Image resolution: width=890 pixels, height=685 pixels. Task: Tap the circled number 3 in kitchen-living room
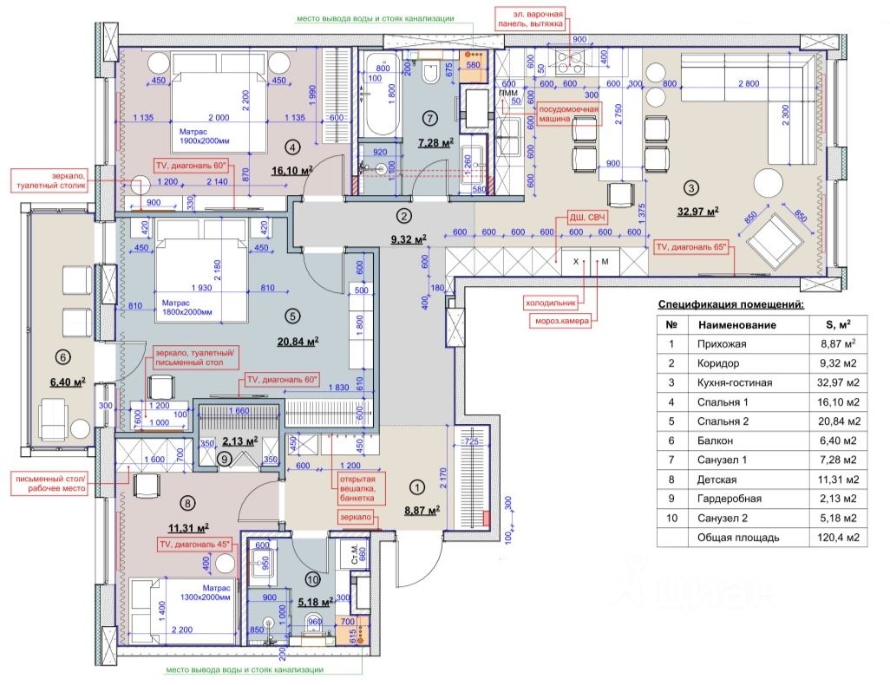690,186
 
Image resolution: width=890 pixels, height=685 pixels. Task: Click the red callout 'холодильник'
552,303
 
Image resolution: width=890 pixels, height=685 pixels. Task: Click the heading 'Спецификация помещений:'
730,304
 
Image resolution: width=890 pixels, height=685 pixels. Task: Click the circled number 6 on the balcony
62,355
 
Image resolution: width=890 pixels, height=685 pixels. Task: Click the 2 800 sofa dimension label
748,84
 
